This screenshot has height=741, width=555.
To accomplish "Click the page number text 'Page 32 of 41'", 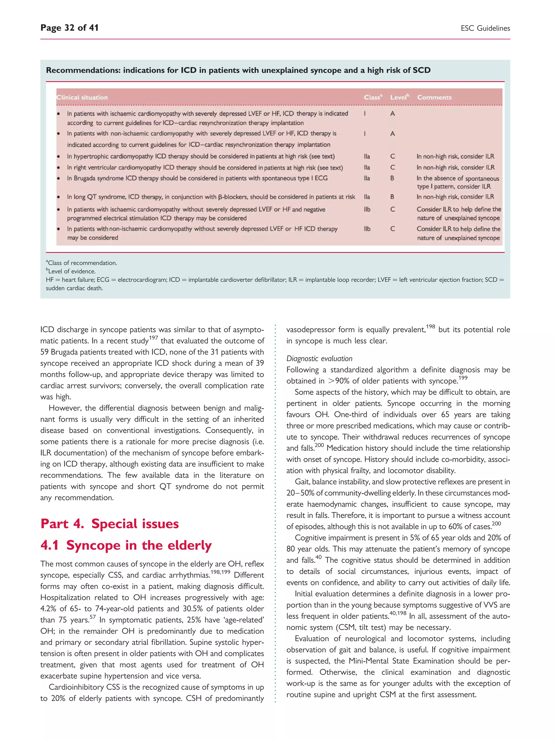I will [69, 28].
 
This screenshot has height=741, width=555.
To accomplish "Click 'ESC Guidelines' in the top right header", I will [485, 28].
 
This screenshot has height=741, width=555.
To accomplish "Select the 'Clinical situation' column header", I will [82, 97].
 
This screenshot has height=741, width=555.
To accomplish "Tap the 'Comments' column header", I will [434, 97].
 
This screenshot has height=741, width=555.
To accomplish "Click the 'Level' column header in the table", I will [399, 97].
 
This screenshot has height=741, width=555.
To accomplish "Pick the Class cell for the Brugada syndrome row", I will [367, 178].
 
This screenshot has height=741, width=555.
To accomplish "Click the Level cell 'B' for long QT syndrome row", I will [392, 197].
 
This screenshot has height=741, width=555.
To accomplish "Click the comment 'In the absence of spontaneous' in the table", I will [457, 179].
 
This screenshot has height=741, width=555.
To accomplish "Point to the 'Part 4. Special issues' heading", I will [109, 524].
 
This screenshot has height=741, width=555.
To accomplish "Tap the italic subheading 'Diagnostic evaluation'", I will [319, 359].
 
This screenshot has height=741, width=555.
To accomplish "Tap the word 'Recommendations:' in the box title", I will [83, 70].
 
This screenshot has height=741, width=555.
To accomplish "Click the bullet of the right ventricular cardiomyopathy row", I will [59, 167].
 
